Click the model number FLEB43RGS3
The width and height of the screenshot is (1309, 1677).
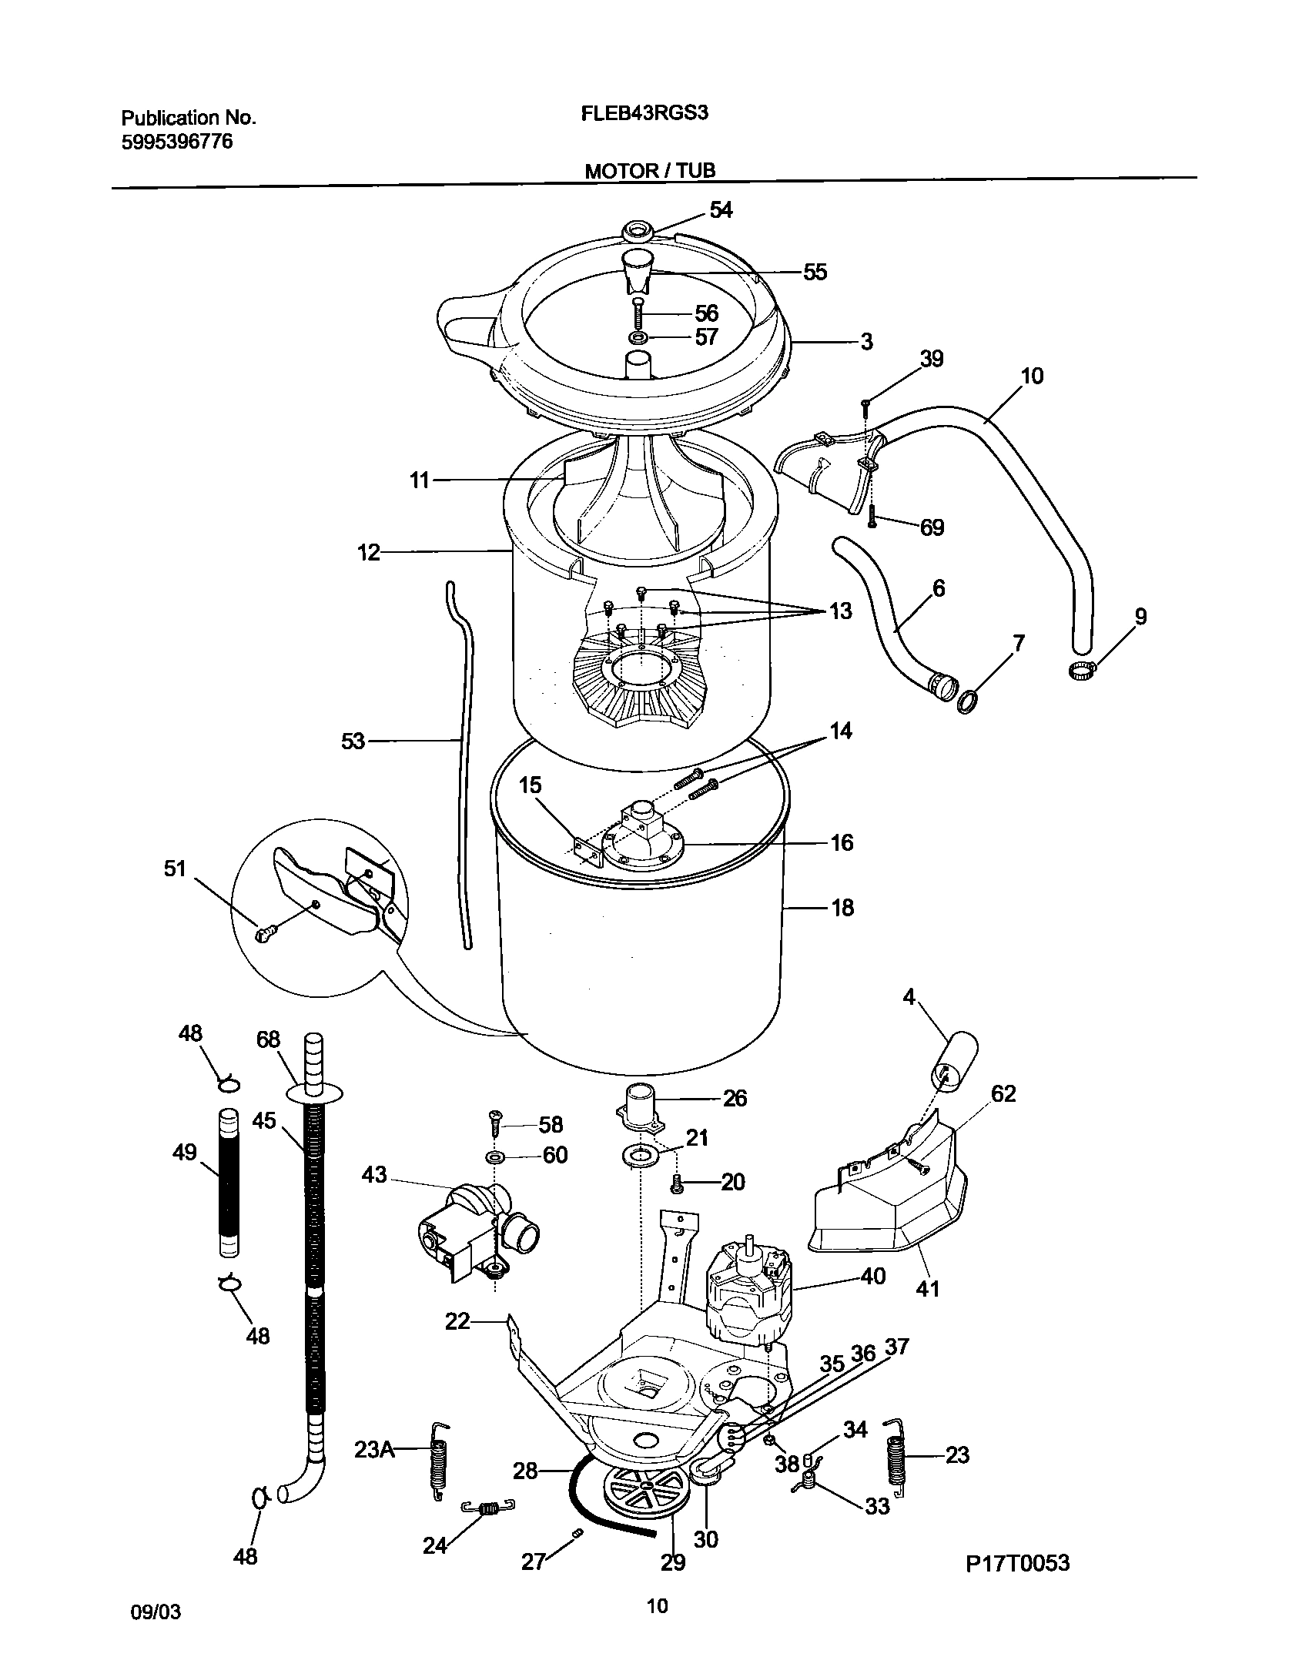coord(644,113)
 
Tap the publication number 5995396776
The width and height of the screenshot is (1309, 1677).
coord(177,142)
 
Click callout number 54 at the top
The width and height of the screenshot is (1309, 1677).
coord(721,209)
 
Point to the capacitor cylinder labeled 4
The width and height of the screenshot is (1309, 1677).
coord(955,1064)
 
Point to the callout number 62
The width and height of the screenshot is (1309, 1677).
coord(1003,1093)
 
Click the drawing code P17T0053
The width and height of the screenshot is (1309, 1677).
coord(1018,1562)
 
